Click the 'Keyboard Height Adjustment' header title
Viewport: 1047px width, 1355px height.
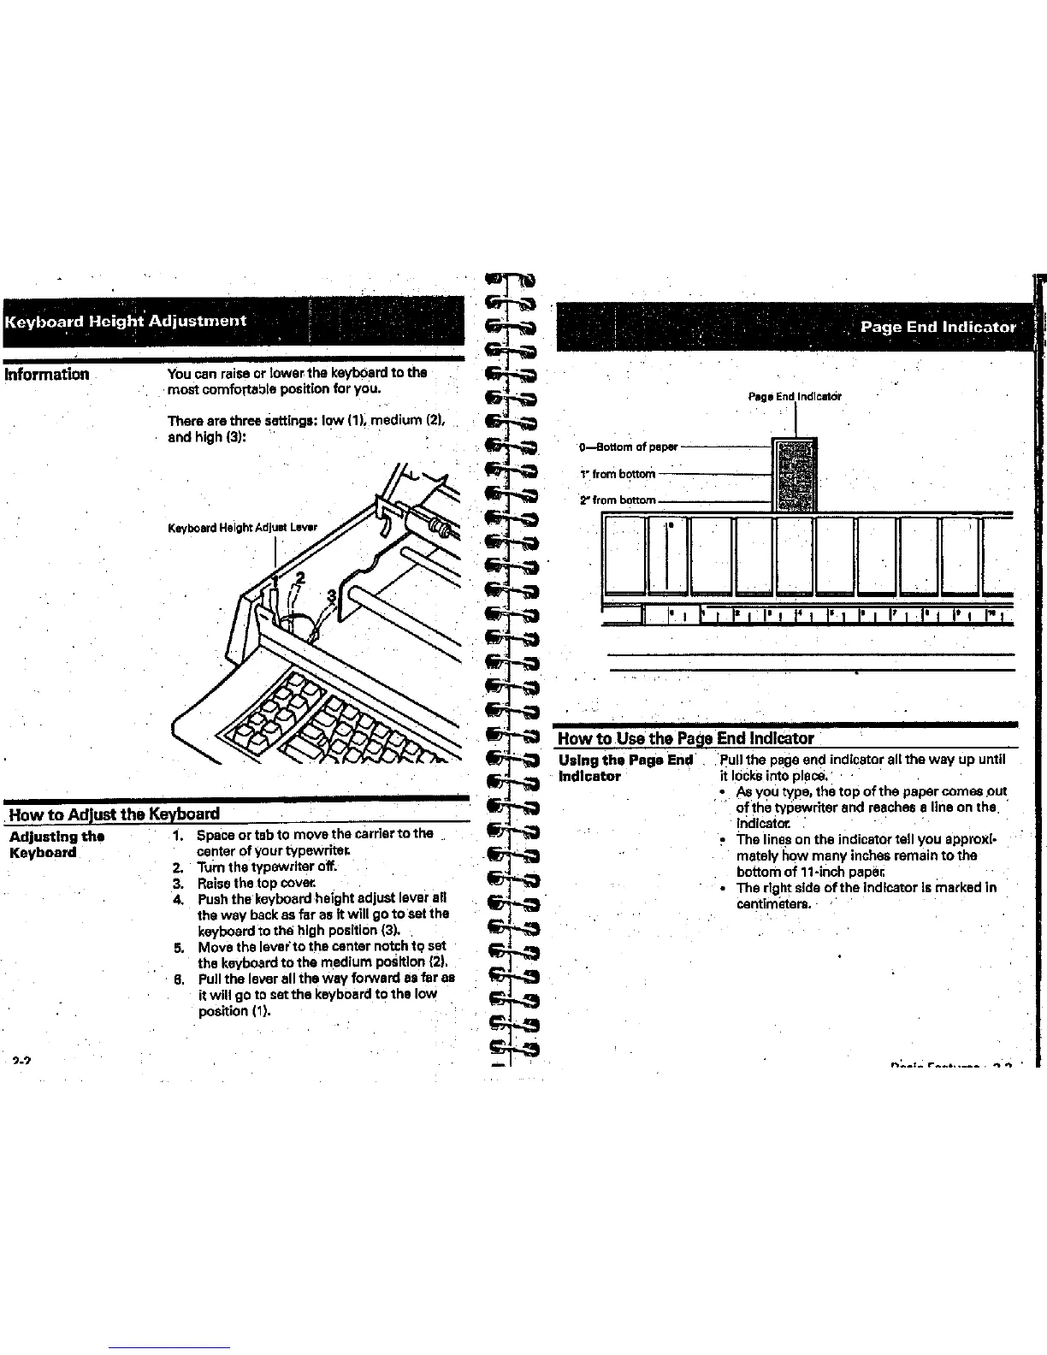pos(127,321)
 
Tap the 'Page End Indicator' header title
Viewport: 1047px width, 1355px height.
pos(938,327)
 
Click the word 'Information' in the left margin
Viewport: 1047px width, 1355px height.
pos(47,374)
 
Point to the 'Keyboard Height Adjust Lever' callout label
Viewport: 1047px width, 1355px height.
pos(242,527)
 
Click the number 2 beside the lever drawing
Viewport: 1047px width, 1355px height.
pos(299,577)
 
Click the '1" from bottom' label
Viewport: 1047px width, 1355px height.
pos(618,474)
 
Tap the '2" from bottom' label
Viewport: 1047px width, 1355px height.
pos(618,500)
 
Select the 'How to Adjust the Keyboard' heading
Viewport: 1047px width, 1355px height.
pos(114,813)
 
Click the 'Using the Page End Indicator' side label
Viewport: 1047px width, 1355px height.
pos(625,768)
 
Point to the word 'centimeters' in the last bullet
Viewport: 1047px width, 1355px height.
pos(774,903)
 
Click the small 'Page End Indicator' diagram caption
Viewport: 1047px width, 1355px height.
pos(795,397)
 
